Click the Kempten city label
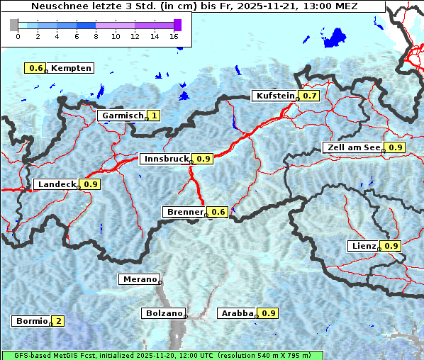pos(71,68)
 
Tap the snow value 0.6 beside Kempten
pos(35,68)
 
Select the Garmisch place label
pos(122,116)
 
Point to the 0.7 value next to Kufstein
pos(309,96)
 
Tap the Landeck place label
pos(56,184)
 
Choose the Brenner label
pos(184,212)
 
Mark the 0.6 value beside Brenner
pos(218,212)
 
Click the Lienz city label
pos(364,246)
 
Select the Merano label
pos(139,279)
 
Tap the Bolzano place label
pos(163,313)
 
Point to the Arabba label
pos(238,313)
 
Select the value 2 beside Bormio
pos(57,321)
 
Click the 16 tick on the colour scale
pos(174,35)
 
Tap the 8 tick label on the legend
pos(95,35)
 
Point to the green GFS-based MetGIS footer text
pos(162,355)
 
